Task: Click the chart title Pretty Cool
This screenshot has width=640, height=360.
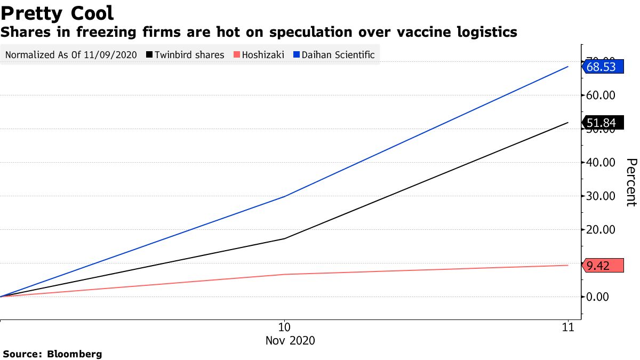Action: click(57, 13)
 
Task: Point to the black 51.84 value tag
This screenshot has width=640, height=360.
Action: click(601, 123)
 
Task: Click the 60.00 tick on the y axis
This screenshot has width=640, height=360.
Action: click(601, 95)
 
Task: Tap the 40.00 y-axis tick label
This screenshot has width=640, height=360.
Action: click(601, 163)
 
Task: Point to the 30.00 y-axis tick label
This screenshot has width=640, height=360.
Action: click(601, 196)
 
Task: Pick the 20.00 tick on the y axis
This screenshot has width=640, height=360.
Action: click(601, 230)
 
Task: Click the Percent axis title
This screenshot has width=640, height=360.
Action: click(630, 182)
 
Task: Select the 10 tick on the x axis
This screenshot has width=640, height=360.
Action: click(284, 327)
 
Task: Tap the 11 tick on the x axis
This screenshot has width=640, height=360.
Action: click(568, 327)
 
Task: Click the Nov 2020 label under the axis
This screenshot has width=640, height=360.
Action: click(290, 340)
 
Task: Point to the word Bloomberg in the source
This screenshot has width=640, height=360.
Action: click(75, 354)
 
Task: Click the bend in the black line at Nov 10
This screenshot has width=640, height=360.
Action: click(284, 238)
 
